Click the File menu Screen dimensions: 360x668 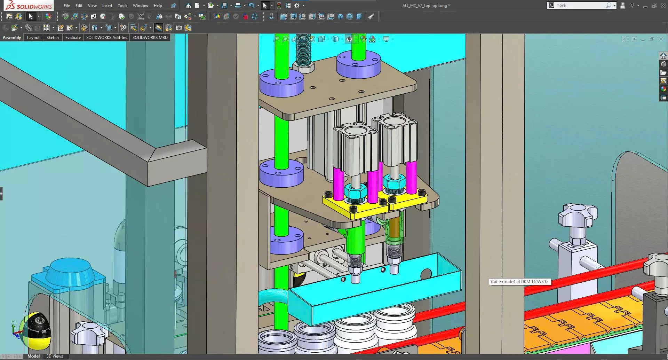point(66,6)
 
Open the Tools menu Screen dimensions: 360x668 point(122,6)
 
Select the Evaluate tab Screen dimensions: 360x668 point(73,38)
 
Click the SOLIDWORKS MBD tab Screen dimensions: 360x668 point(150,38)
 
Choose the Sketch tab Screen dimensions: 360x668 point(53,38)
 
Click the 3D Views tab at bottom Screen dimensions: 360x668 point(55,356)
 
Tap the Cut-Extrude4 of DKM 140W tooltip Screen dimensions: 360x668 point(519,282)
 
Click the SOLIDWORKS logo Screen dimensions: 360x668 point(29,6)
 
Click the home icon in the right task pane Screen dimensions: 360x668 point(663,56)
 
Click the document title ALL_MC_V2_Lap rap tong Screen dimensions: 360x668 point(426,6)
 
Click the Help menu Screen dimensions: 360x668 point(158,6)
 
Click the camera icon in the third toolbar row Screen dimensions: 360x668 point(179,28)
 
